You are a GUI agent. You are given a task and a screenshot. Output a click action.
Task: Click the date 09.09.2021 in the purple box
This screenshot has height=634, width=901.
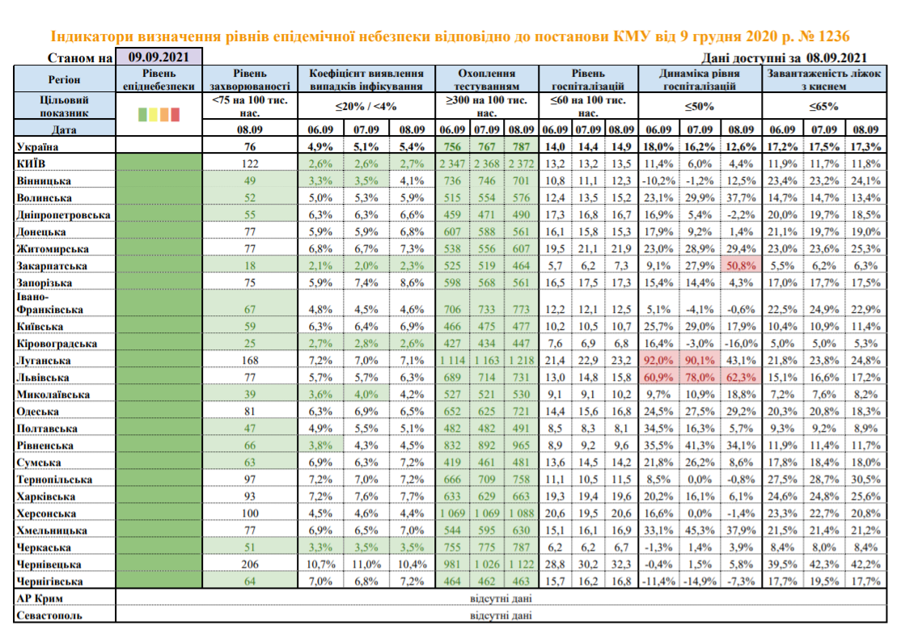[159, 57]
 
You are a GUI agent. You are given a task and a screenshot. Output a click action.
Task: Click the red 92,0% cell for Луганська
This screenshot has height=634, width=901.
[658, 361]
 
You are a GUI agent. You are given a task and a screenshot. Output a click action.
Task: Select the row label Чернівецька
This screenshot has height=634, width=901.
[49, 564]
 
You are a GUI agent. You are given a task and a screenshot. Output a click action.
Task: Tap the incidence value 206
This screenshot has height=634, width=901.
[250, 564]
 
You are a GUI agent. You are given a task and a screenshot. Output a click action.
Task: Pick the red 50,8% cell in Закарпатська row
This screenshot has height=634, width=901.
[741, 266]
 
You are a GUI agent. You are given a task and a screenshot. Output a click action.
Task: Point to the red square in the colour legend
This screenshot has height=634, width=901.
[176, 114]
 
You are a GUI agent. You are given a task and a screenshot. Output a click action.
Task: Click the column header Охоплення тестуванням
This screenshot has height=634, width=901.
[487, 79]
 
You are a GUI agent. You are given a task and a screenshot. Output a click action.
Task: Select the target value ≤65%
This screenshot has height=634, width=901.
[824, 106]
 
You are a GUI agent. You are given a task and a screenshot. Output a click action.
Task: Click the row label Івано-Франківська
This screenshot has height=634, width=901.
[49, 302]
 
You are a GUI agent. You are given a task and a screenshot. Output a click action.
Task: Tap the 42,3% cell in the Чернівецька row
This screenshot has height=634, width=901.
[824, 564]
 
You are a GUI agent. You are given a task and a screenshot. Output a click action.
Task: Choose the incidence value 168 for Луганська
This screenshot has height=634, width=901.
[250, 361]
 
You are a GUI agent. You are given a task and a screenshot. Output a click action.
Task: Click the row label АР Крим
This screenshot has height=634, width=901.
[40, 598]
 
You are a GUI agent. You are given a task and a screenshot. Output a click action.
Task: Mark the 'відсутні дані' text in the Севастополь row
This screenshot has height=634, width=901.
[501, 615]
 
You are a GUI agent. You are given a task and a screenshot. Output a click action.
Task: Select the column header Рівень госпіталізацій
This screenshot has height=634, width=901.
[589, 79]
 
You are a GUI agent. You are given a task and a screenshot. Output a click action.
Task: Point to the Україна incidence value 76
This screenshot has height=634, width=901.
[250, 146]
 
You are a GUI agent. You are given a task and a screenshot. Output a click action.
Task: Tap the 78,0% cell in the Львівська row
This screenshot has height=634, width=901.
[700, 378]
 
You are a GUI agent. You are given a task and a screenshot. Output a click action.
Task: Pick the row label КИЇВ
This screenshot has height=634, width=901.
[31, 163]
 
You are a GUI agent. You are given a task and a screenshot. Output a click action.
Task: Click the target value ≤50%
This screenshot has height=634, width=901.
[700, 106]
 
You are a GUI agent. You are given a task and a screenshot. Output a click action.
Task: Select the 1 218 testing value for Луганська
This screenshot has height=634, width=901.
[521, 361]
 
